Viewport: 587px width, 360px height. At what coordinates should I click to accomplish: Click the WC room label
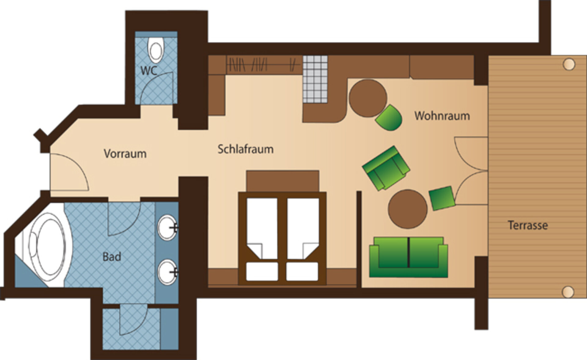click(x=149, y=71)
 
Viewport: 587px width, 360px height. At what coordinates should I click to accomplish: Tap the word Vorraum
click(x=125, y=153)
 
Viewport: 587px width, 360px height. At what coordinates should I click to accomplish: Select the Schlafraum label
click(x=246, y=149)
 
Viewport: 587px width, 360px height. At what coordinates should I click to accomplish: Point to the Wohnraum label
click(x=442, y=116)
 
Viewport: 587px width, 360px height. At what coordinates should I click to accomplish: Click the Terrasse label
click(x=528, y=226)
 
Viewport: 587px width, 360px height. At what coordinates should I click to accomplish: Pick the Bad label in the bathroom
click(x=112, y=257)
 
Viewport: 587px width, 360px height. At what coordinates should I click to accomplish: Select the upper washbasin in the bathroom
click(x=167, y=227)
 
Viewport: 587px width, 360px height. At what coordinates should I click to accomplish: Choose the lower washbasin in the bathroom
click(x=167, y=272)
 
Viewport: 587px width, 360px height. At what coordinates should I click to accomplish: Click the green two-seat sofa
click(x=408, y=257)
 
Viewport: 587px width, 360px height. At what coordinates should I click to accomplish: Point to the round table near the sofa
click(x=408, y=209)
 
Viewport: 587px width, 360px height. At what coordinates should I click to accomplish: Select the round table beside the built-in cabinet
click(x=368, y=98)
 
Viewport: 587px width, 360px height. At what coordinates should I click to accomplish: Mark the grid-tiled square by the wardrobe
click(x=315, y=79)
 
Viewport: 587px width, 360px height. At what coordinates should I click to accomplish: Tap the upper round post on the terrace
click(x=569, y=64)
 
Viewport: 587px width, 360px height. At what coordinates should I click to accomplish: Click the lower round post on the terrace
click(x=568, y=292)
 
